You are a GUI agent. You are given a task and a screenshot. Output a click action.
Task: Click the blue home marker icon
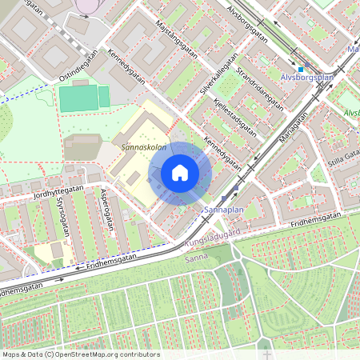(x=180, y=173)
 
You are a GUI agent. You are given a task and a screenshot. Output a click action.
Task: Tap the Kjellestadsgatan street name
(x=234, y=117)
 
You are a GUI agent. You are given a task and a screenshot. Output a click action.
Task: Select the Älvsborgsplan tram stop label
(x=307, y=78)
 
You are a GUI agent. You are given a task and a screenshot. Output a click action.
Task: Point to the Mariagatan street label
(x=293, y=125)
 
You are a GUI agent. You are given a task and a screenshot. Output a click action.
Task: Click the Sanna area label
(x=196, y=258)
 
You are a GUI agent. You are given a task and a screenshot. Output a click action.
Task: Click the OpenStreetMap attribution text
(x=80, y=354)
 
